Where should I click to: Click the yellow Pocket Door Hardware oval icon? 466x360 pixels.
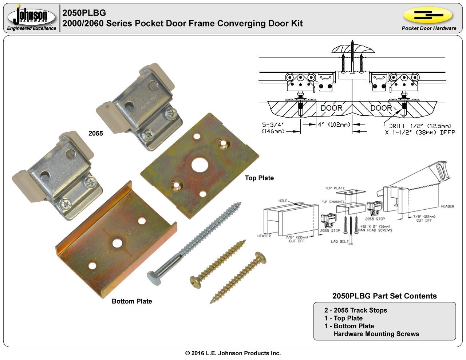(428, 15)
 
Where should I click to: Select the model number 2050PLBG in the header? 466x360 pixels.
(84, 13)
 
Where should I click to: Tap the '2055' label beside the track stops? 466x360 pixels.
(96, 134)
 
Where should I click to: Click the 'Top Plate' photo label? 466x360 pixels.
(259, 178)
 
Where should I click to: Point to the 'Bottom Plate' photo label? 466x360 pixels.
(132, 301)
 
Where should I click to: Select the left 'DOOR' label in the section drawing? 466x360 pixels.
(331, 108)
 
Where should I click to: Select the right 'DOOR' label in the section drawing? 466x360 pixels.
(381, 108)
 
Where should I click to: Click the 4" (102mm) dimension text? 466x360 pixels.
(334, 124)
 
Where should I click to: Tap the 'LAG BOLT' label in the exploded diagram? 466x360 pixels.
(339, 241)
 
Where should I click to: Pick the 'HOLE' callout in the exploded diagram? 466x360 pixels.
(283, 201)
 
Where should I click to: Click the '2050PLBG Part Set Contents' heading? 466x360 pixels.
(384, 296)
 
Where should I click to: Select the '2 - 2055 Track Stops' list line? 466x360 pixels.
(356, 310)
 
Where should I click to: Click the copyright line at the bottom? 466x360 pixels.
(233, 353)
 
